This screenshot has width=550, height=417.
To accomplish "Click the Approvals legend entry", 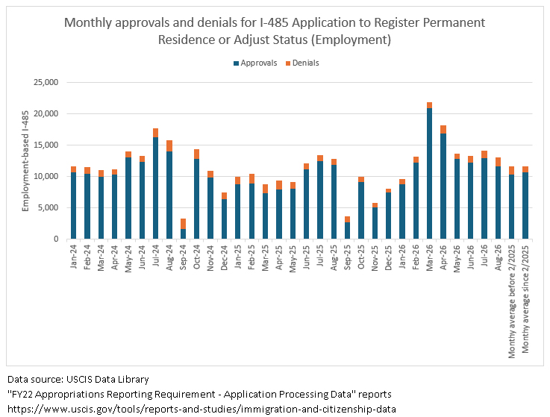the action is tap(255, 63).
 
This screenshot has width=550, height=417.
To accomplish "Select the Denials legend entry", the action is tap(302, 63).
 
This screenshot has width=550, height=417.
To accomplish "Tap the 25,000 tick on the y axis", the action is tap(46, 82).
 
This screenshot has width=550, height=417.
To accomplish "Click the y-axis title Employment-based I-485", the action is tap(25, 161).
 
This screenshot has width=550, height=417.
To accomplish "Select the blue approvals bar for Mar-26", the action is tap(429, 174).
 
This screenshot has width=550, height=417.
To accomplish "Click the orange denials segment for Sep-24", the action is tap(183, 224).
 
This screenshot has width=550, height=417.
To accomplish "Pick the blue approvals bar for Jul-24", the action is tap(155, 188).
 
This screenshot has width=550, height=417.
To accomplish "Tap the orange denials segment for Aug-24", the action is tap(169, 146).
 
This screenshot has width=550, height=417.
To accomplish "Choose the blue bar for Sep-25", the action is tap(347, 231).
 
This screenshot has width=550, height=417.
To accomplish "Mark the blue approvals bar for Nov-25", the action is tap(375, 223).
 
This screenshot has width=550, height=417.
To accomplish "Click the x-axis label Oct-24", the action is tap(197, 257).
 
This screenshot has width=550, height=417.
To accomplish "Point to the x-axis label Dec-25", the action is tap(388, 257).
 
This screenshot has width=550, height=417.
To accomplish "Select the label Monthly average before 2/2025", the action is tap(512, 301).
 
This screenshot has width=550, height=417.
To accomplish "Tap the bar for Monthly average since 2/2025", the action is tap(525, 203).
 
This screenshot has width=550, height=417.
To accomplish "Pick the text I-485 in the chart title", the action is tap(274, 22).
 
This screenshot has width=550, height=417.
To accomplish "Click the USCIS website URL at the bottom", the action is tap(201, 409).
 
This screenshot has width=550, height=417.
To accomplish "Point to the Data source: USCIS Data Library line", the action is tap(78, 380).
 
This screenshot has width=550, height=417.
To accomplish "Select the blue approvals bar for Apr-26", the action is tap(443, 186).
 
